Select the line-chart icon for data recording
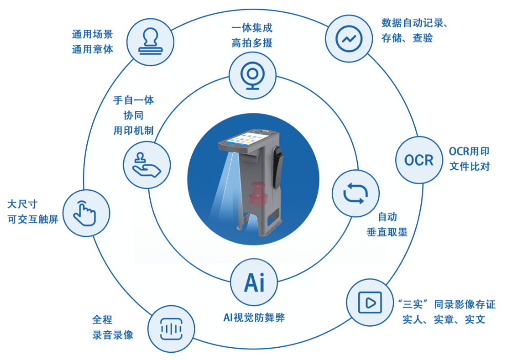349,37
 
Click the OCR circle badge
418,160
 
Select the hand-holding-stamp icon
146,163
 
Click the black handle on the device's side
277,156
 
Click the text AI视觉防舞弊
253,318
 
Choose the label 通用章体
92,50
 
